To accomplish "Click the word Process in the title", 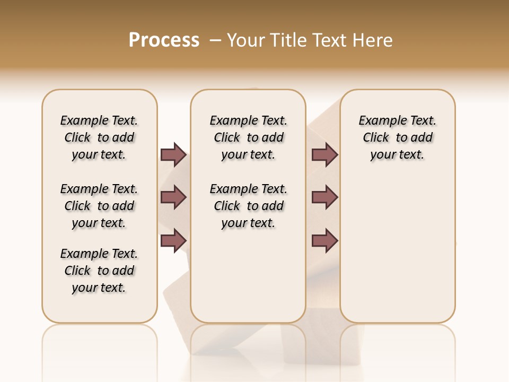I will [164, 40].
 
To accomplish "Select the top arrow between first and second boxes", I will [173, 154].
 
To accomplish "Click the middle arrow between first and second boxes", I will [173, 197].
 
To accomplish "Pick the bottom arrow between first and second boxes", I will [173, 241].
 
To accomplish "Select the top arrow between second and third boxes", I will [324, 154].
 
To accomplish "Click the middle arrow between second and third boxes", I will [324, 197].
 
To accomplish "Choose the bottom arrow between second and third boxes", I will [324, 241].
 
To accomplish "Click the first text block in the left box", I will [99, 137].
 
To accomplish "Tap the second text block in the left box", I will [99, 206].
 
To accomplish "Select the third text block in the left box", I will [99, 271].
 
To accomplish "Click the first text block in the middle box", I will [248, 137].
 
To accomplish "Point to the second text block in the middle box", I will [248, 206].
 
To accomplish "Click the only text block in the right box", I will [397, 137].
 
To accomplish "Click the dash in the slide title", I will [215, 40].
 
